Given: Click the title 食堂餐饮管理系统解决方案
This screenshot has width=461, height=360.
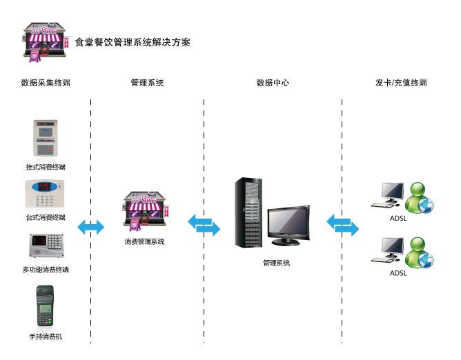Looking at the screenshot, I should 132,43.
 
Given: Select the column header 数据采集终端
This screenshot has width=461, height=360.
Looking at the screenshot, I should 46,83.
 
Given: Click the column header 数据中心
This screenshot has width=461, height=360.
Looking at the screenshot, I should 273,83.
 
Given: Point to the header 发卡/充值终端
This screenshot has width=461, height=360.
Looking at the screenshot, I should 401,83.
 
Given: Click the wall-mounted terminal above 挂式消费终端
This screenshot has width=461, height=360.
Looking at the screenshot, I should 46,139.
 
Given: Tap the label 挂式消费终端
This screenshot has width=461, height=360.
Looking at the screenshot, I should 46,167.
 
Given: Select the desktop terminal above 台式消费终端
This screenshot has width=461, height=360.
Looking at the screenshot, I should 46,194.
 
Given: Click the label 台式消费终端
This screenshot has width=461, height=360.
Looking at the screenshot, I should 46,217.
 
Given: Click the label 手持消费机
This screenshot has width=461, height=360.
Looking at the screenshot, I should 46,337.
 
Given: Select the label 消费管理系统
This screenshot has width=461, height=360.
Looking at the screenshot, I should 145,242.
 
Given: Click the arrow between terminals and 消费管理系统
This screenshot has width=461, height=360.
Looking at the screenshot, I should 90,227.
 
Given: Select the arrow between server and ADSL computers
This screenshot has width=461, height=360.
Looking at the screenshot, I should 342,225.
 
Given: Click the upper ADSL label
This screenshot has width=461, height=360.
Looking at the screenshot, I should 398,220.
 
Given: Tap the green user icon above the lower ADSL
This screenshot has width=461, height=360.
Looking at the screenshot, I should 418,252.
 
